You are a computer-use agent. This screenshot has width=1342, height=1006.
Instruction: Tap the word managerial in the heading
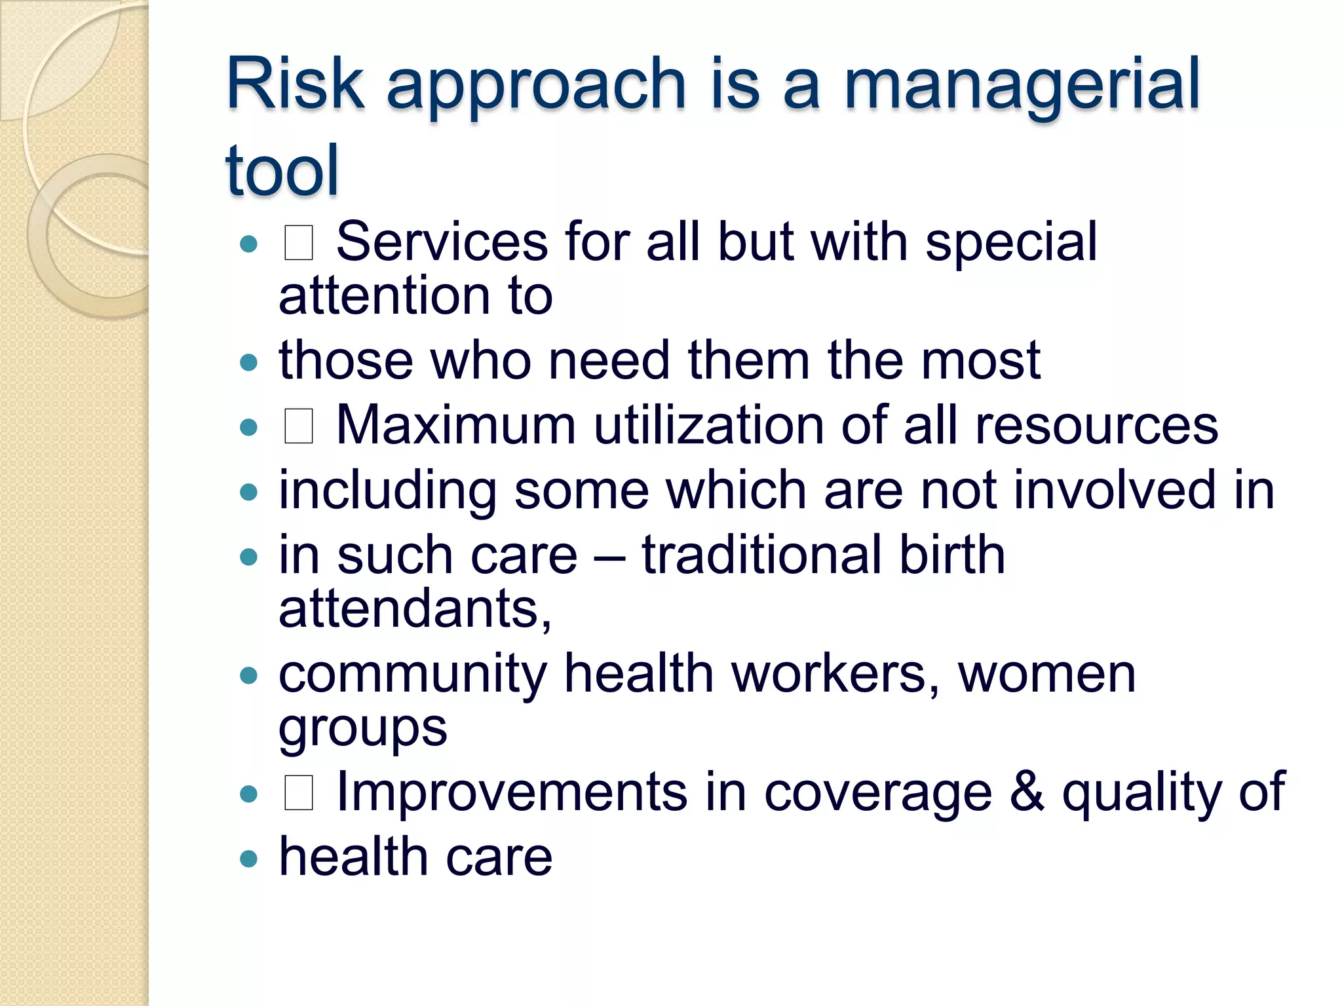tap(1022, 85)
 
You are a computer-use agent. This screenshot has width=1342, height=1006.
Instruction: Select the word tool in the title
tap(282, 170)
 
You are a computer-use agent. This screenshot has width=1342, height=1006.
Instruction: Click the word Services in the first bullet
tap(441, 242)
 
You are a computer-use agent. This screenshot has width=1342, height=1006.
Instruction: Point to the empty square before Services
tap(298, 243)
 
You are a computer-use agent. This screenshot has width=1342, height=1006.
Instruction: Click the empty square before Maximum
tap(298, 426)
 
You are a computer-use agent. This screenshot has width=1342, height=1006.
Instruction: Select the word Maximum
tap(455, 425)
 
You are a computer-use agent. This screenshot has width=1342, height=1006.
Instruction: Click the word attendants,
tap(415, 609)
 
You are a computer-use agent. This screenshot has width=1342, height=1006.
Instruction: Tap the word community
tap(413, 675)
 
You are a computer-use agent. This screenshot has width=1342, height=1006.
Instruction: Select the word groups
tap(362, 729)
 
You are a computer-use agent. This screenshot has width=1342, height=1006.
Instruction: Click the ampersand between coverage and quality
tap(1027, 792)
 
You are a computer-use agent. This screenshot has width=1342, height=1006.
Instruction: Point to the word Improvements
tap(511, 792)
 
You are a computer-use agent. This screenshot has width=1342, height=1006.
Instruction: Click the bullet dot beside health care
tap(248, 859)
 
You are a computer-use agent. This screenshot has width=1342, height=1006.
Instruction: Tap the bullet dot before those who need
tap(248, 362)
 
